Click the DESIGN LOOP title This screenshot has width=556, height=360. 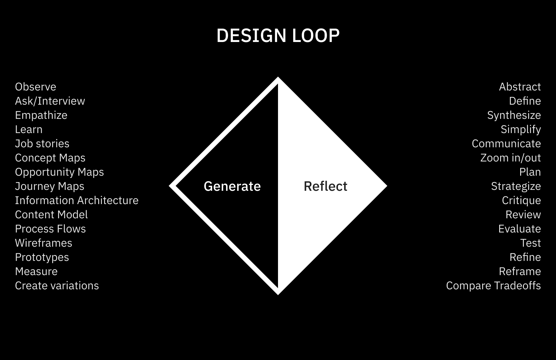tap(278, 36)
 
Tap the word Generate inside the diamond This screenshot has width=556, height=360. tap(232, 186)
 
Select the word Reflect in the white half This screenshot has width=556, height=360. tap(325, 186)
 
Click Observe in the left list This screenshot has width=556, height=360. tap(36, 87)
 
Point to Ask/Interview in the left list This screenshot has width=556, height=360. tap(50, 101)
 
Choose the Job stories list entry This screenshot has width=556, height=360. tap(42, 144)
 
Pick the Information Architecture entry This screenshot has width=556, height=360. tap(77, 200)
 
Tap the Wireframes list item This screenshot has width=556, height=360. tap(44, 243)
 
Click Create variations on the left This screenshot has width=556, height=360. tap(57, 286)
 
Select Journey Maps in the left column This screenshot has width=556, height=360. tap(49, 186)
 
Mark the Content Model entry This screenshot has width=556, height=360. tap(51, 215)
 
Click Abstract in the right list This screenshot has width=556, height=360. tap(520, 87)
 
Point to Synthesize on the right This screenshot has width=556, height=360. tap(514, 115)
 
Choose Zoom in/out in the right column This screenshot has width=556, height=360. tap(511, 158)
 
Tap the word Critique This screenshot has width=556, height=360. tap(521, 200)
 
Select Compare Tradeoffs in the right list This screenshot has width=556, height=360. tap(493, 286)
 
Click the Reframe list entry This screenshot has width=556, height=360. tap(520, 271)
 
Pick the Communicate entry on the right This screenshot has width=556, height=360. tap(506, 144)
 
